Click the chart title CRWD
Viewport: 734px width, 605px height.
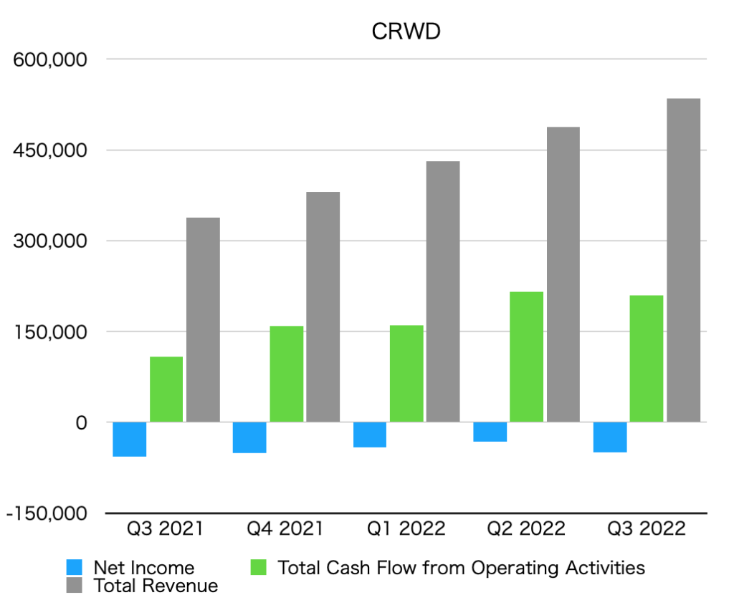[405, 32]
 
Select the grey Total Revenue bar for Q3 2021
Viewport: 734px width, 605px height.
[203, 319]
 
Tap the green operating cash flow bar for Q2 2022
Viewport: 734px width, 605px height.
[526, 357]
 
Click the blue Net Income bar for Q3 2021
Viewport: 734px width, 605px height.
[130, 439]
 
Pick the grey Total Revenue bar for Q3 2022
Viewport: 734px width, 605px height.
[683, 260]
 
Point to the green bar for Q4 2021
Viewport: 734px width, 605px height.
[286, 374]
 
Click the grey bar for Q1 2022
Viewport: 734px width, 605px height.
[443, 291]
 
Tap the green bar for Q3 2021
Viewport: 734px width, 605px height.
[166, 389]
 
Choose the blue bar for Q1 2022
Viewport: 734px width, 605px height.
[370, 435]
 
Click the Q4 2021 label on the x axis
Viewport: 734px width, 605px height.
[285, 529]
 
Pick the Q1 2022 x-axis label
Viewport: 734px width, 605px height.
[405, 529]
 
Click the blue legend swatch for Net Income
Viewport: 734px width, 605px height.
[75, 568]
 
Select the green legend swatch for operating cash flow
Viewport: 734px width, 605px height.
[258, 568]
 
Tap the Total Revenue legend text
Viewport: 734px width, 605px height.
[156, 586]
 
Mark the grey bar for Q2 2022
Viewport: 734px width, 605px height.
[563, 274]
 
